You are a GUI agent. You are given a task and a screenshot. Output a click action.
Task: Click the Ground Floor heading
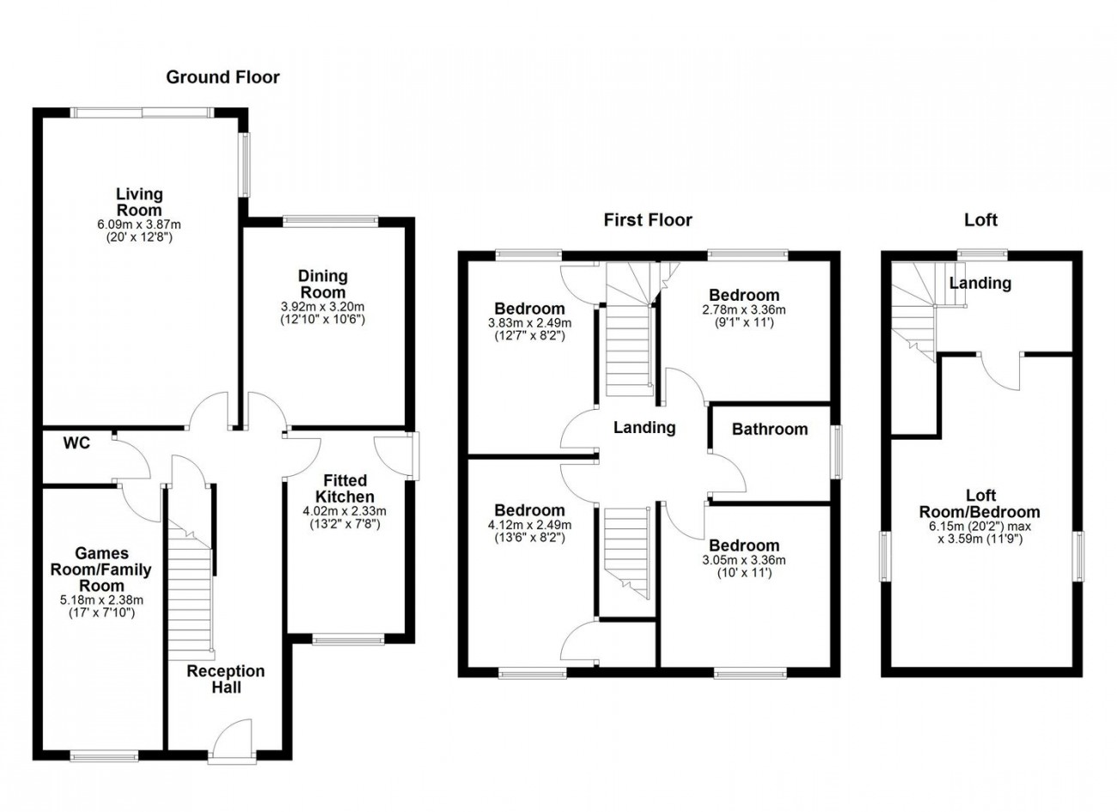pos(223,77)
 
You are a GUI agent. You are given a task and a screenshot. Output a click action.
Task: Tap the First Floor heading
pos(648,220)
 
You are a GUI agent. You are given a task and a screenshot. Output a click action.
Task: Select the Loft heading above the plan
pos(980,220)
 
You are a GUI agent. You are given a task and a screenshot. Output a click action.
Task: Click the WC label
pos(76,443)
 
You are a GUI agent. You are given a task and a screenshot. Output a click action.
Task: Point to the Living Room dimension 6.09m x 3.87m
pos(139,224)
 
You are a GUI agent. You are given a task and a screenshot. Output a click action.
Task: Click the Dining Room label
pos(322,284)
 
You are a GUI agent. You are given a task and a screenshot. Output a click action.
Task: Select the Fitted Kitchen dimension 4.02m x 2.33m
pos(345,510)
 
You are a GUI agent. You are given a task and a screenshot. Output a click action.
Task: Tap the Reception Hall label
pos(226,679)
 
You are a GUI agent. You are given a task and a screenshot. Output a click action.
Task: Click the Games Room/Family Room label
pos(101,569)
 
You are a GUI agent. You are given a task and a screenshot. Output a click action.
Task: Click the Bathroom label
pos(769,430)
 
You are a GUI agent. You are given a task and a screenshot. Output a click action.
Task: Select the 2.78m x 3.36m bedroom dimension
pos(744,309)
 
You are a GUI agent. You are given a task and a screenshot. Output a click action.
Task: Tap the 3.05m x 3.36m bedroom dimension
pos(744,560)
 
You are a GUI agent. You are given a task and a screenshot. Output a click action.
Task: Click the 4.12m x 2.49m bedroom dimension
pos(529,525)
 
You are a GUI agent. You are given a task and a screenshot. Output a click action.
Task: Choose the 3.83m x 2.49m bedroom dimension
pos(529,323)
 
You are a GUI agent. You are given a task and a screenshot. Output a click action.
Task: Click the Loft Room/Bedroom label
pos(980,504)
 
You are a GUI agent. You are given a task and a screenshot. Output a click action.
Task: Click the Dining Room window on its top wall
pos(331,220)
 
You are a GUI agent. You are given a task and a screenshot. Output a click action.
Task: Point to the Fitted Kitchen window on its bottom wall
pos(348,639)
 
